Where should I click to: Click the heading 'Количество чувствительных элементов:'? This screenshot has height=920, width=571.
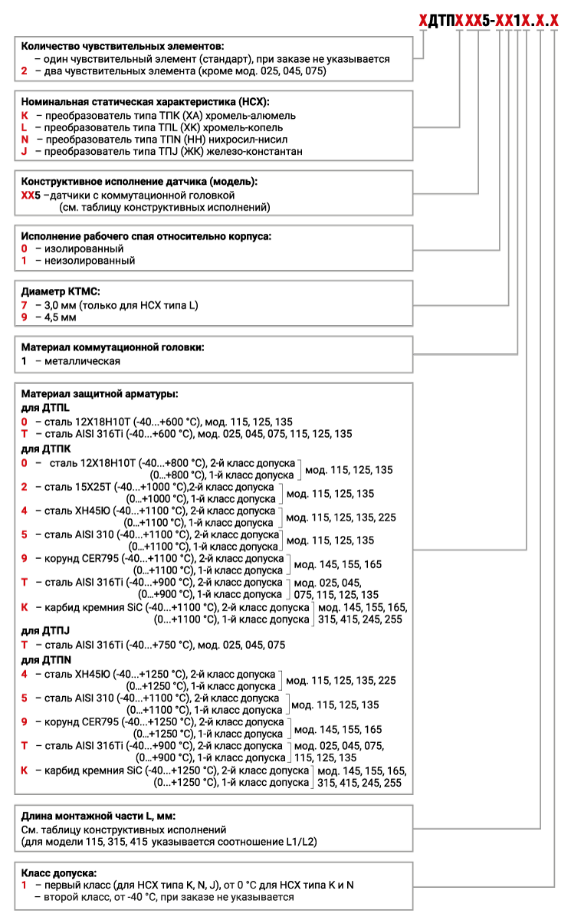point(123,47)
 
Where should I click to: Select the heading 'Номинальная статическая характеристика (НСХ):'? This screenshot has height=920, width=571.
point(146,102)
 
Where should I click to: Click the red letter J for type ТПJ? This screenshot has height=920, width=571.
point(25,152)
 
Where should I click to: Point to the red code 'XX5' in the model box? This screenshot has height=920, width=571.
point(30,195)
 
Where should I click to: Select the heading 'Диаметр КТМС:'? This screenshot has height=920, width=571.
point(61,292)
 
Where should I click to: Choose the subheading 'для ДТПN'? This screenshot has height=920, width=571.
point(47,659)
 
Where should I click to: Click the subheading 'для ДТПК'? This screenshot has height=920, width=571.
point(46,448)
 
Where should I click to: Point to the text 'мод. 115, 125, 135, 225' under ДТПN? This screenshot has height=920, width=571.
point(341,680)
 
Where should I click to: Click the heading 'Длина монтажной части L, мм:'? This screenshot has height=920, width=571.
point(103,816)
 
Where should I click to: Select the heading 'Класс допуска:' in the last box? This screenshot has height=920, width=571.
point(59,872)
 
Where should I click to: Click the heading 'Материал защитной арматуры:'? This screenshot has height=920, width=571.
point(100,393)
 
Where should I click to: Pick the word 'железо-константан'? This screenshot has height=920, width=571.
point(258,152)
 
